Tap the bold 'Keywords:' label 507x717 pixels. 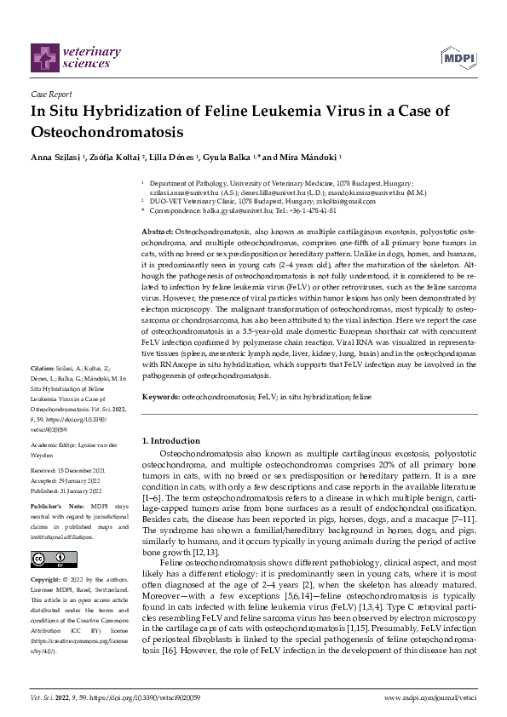pyautogui.click(x=160, y=397)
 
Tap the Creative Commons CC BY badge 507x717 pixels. pyautogui.click(x=49, y=559)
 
